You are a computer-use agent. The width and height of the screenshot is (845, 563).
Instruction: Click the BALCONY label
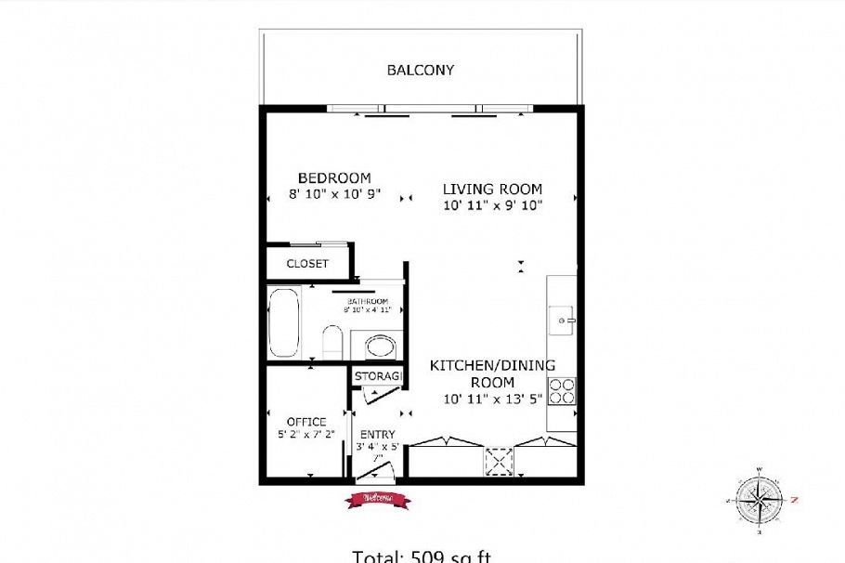[420, 70]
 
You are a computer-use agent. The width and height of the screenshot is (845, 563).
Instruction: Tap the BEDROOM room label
[334, 177]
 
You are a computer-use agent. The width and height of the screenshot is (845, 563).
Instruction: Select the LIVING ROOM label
[492, 189]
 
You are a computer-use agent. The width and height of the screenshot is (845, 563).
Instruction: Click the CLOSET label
[307, 264]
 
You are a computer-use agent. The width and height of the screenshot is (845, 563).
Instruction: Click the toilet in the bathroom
[331, 341]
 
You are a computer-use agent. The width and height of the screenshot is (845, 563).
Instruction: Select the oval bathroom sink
[379, 347]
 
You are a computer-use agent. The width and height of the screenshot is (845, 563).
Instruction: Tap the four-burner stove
[561, 390]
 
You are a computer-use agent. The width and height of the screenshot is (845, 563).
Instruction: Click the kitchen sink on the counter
[564, 320]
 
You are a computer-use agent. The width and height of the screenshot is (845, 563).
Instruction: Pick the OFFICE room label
[305, 422]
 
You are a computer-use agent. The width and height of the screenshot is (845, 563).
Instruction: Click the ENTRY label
[377, 434]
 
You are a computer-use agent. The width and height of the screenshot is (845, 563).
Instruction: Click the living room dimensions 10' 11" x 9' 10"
[492, 203]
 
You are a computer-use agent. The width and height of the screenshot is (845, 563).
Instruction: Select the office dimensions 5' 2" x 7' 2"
[305, 434]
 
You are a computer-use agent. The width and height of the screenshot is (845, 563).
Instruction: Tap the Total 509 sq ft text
[421, 556]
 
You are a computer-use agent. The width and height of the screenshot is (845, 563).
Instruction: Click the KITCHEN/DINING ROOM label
[492, 373]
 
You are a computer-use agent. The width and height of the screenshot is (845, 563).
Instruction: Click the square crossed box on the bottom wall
[500, 461]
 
